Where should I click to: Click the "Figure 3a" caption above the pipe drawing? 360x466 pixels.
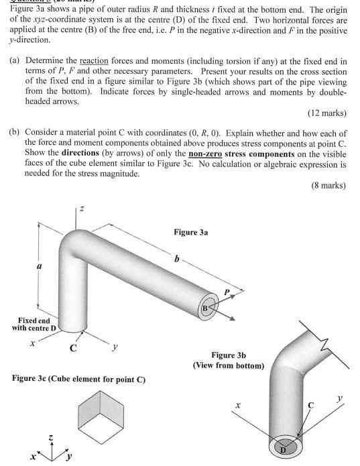[x=191, y=232]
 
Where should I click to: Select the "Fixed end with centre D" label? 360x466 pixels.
[x=34, y=325]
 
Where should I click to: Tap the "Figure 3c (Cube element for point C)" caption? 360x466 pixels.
[x=79, y=380]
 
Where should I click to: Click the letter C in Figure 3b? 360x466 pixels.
[x=310, y=406]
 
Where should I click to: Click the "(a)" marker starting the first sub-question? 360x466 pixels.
[x=13, y=60]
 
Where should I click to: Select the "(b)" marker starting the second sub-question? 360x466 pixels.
[x=13, y=132]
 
